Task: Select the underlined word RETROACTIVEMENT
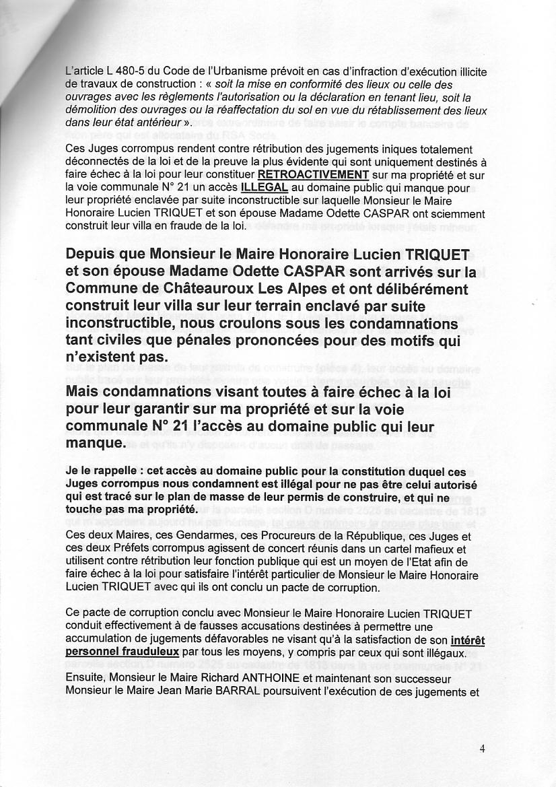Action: pos(313,174)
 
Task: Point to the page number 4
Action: pos(482,748)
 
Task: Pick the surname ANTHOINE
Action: pos(291,679)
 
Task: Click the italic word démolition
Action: pos(90,110)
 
